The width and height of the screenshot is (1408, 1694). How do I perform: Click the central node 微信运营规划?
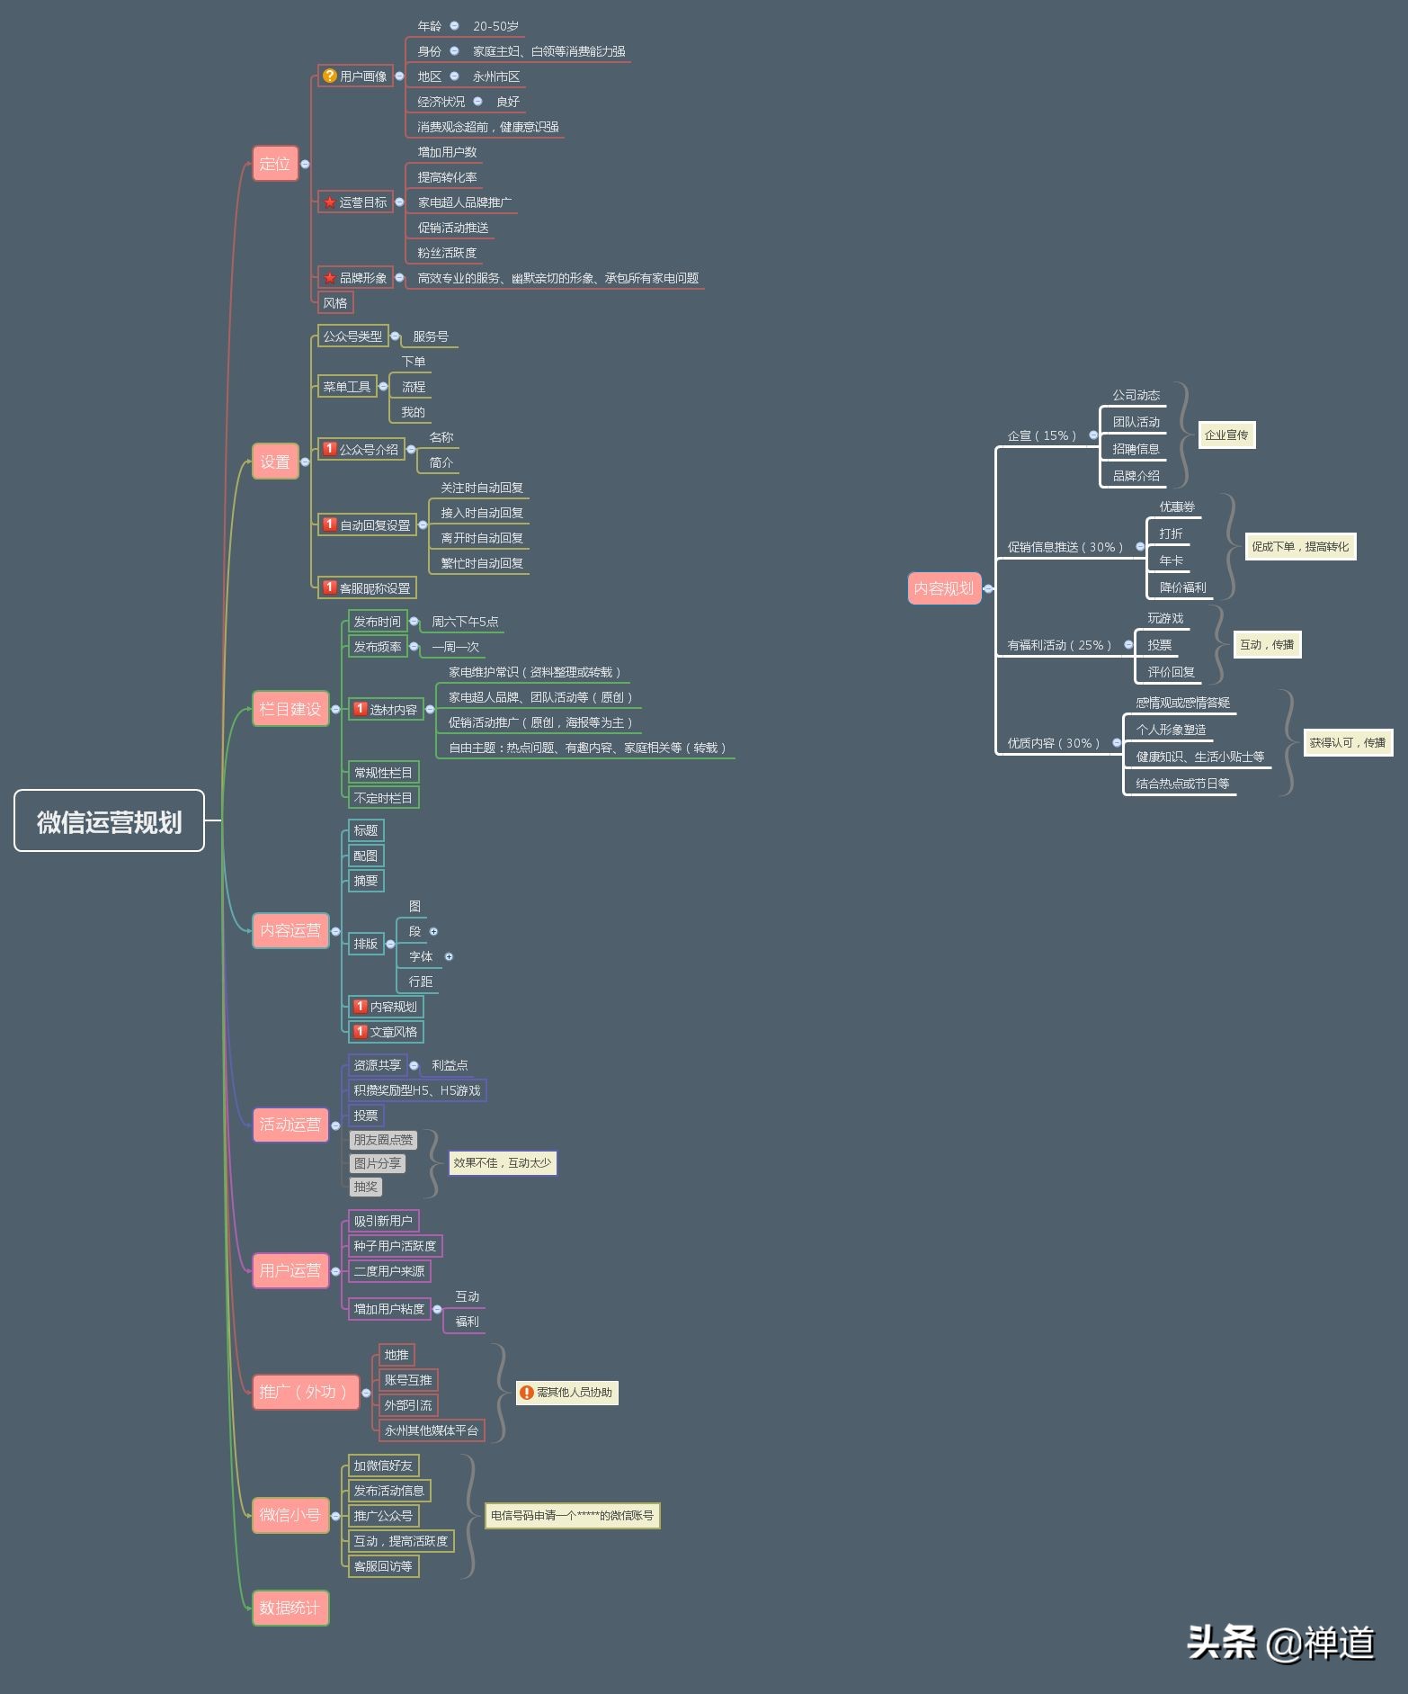(109, 820)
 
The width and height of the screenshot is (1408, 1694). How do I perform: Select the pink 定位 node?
(275, 164)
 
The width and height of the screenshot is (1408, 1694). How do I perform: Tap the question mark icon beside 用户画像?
(329, 76)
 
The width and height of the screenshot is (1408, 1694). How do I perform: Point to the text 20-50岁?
(495, 26)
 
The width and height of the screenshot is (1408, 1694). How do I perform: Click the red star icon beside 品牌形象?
(329, 278)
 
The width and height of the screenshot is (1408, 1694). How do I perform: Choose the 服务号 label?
(431, 336)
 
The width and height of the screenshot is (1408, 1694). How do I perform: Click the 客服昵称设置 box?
(367, 587)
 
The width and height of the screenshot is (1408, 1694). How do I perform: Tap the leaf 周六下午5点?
(465, 622)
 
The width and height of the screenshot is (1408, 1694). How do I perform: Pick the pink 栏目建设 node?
(290, 709)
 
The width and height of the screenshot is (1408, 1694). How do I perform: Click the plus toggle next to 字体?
(449, 956)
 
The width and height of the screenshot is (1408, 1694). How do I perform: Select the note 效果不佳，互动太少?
(502, 1163)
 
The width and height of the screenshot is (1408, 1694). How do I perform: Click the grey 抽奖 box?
(366, 1187)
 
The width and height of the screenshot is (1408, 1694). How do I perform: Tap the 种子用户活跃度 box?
(395, 1246)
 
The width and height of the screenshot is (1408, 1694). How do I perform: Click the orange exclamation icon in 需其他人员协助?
(527, 1393)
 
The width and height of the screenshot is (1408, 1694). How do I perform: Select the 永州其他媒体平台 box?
(432, 1430)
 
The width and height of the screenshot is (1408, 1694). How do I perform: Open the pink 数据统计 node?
(290, 1608)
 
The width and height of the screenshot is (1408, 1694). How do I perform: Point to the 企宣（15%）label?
(1042, 435)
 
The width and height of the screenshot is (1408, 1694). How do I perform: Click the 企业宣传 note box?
(1226, 435)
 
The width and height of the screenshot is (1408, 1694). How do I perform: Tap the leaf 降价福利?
(1183, 587)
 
